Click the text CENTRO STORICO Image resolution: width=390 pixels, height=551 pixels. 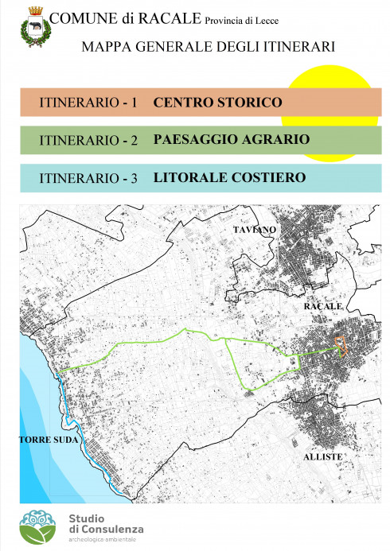(x=217, y=103)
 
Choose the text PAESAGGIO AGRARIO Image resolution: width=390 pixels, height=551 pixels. (x=231, y=140)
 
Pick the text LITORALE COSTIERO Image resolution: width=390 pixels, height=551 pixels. (x=229, y=177)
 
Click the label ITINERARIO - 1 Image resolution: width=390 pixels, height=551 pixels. (x=88, y=103)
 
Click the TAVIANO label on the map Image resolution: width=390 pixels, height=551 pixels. (x=255, y=230)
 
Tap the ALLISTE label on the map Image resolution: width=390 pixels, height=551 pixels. (x=322, y=457)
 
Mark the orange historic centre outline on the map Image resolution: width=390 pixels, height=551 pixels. (x=341, y=345)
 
